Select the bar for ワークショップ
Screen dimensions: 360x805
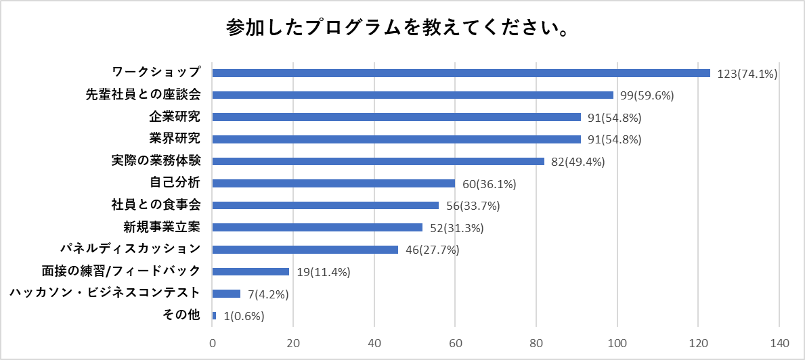461,72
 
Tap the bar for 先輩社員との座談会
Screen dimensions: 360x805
412,95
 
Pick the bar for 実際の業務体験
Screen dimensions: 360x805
378,161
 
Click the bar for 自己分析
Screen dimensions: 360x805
333,183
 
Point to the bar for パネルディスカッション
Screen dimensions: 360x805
305,250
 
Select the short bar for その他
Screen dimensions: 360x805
214,316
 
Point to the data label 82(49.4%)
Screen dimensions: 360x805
578,162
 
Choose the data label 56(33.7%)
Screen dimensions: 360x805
473,206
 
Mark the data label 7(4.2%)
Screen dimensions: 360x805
269,294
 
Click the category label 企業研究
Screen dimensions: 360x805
175,117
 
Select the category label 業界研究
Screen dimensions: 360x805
175,139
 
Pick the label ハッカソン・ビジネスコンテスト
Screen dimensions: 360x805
104,294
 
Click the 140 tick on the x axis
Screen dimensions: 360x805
779,342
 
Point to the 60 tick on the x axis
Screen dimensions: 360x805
456,342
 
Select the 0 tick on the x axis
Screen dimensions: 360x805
213,342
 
